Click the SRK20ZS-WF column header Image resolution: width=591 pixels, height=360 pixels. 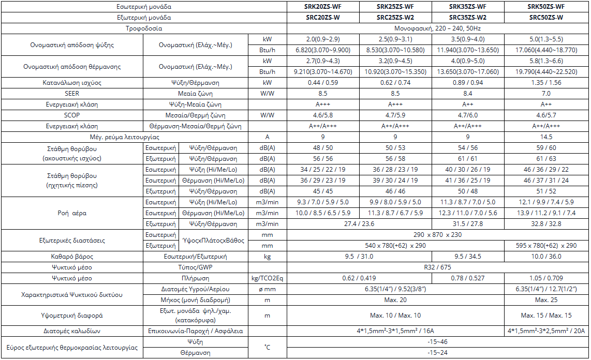323,7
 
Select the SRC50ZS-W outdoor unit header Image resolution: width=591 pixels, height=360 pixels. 546,18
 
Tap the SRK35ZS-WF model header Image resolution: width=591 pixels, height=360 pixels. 468,7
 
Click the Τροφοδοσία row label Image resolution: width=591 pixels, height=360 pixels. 144,28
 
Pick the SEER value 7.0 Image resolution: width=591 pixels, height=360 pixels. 546,94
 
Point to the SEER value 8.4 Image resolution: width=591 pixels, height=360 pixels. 468,94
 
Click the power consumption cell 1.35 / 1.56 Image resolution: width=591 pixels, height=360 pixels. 546,83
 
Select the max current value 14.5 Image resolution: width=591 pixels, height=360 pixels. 546,137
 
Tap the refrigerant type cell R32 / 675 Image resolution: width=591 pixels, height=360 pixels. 438,267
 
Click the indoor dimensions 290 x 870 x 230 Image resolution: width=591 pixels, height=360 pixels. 438,235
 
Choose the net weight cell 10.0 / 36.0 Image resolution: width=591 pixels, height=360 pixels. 546,257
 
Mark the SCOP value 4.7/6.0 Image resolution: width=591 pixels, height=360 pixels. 468,115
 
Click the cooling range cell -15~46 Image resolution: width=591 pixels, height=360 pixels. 438,342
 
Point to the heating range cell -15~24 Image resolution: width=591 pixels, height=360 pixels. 438,353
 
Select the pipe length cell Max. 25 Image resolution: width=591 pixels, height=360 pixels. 546,300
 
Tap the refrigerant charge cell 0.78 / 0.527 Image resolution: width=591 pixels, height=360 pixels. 468,278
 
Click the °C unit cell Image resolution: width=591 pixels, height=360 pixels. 267,347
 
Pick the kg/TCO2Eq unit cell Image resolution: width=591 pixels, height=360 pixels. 267,278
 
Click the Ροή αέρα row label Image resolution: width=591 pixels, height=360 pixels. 72,213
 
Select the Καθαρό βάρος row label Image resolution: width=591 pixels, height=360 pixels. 72,257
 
